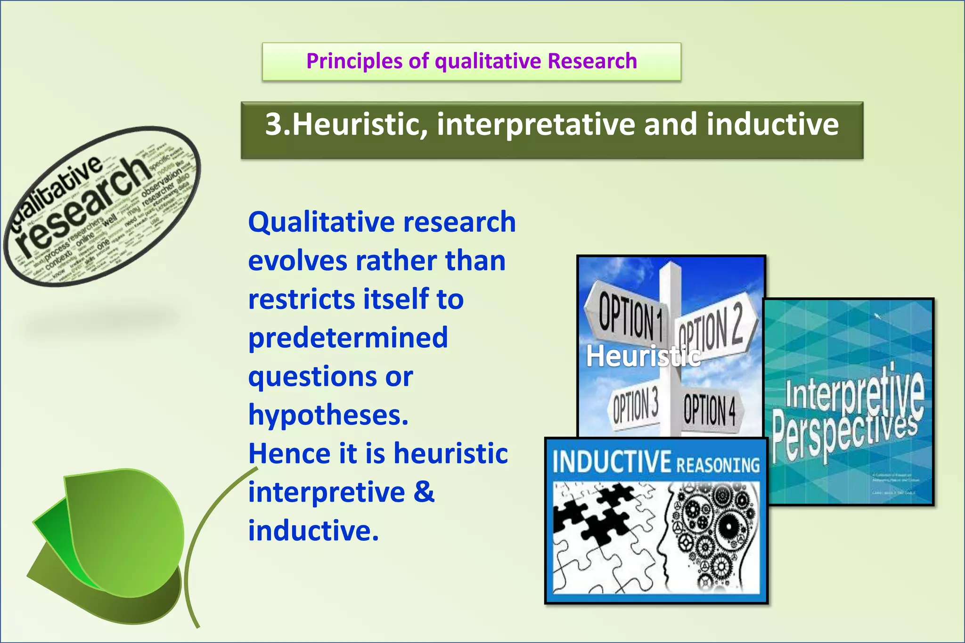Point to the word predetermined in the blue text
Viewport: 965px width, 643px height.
348,338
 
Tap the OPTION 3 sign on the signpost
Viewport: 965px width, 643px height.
635,406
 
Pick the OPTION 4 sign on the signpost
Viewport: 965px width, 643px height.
710,409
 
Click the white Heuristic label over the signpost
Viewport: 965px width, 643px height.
643,356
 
